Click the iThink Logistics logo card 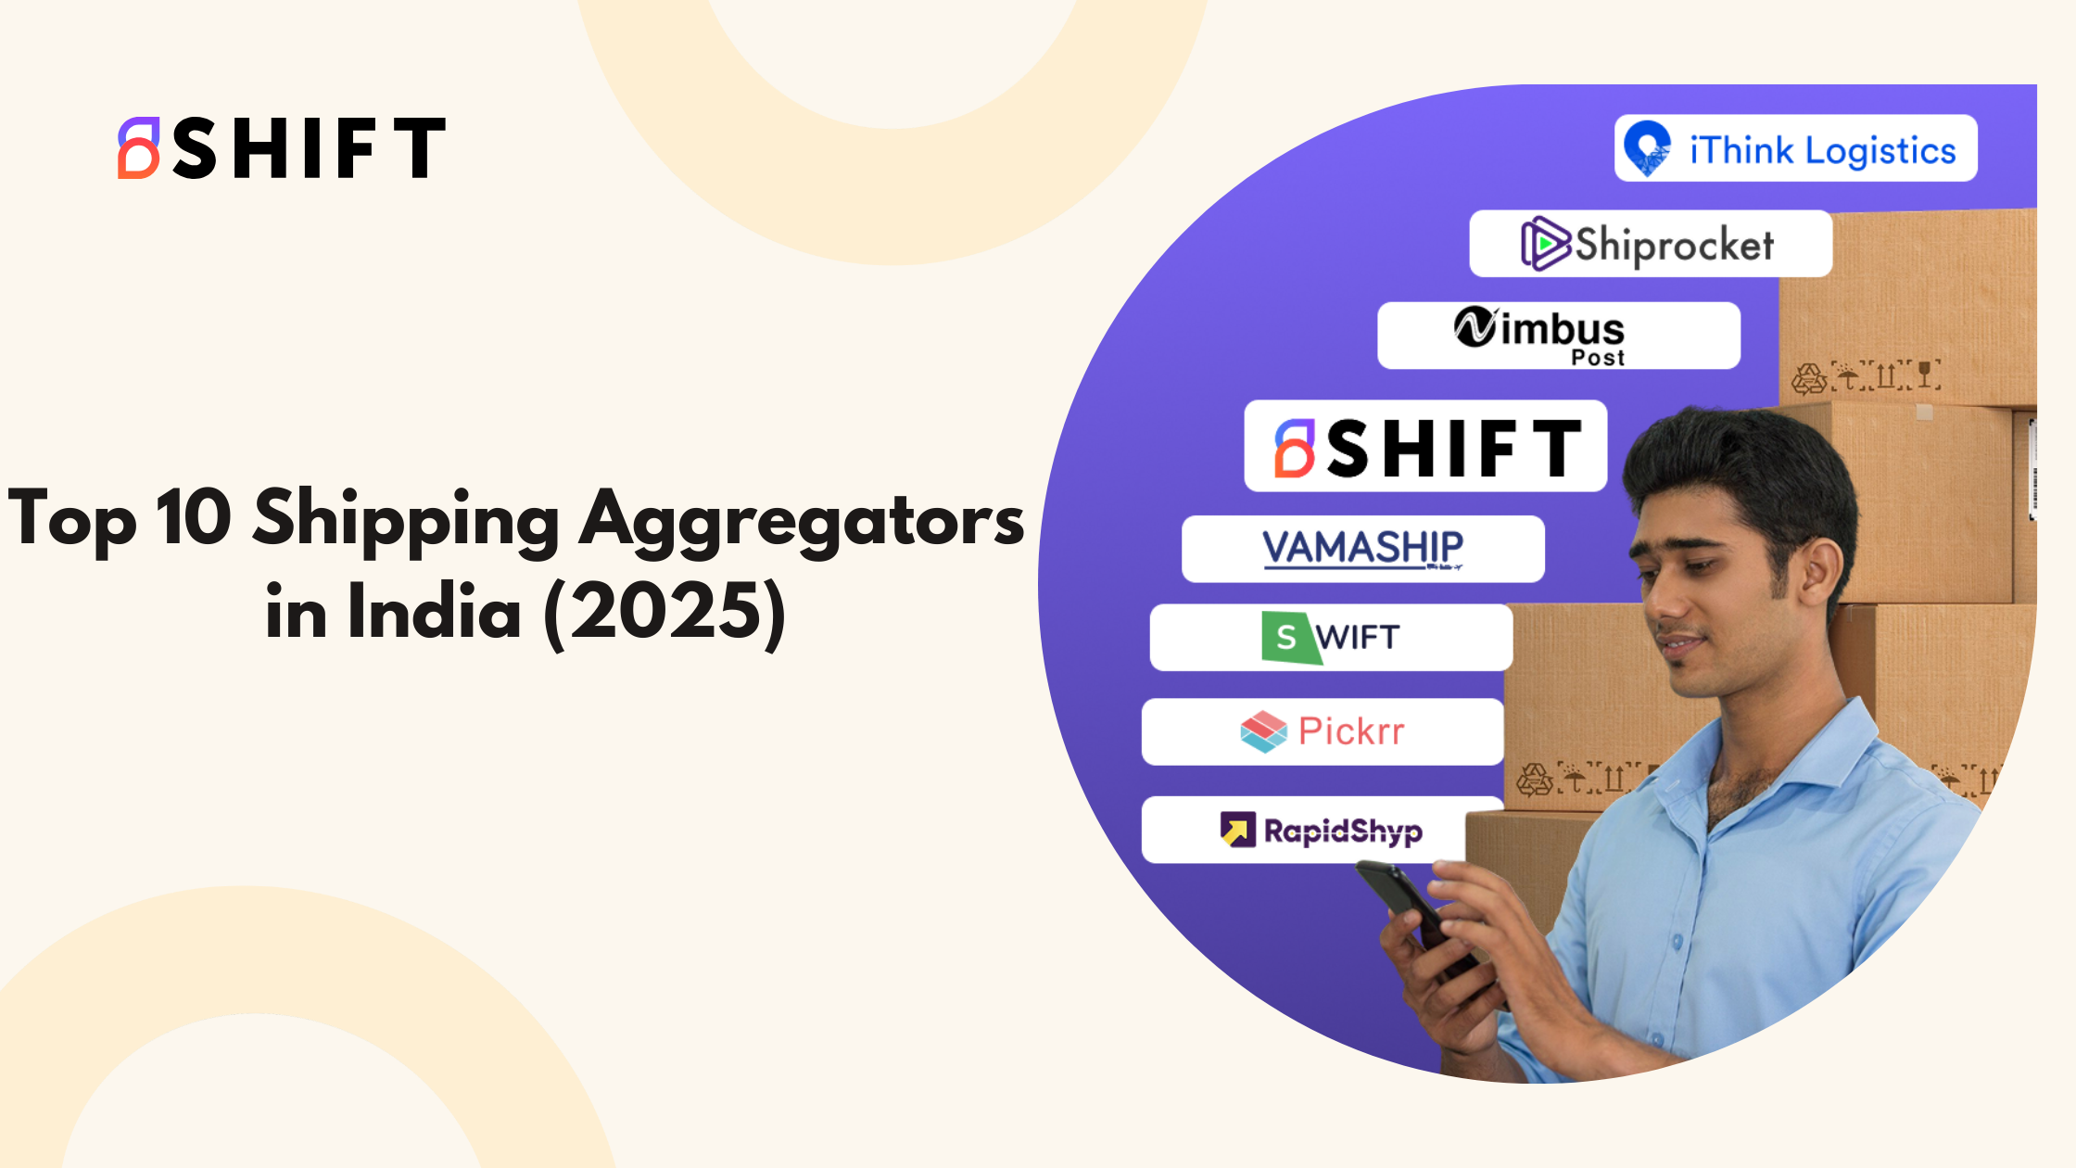click(x=1795, y=148)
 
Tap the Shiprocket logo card click(x=1651, y=244)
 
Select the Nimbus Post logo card click(x=1559, y=336)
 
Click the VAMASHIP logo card click(x=1363, y=549)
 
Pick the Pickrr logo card click(x=1323, y=731)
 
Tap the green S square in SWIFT click(x=1290, y=638)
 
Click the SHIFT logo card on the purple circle click(x=1425, y=446)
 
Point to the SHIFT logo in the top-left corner click(x=282, y=147)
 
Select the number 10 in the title click(x=193, y=516)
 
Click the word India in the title click(x=435, y=611)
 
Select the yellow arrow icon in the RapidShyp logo click(x=1237, y=830)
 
